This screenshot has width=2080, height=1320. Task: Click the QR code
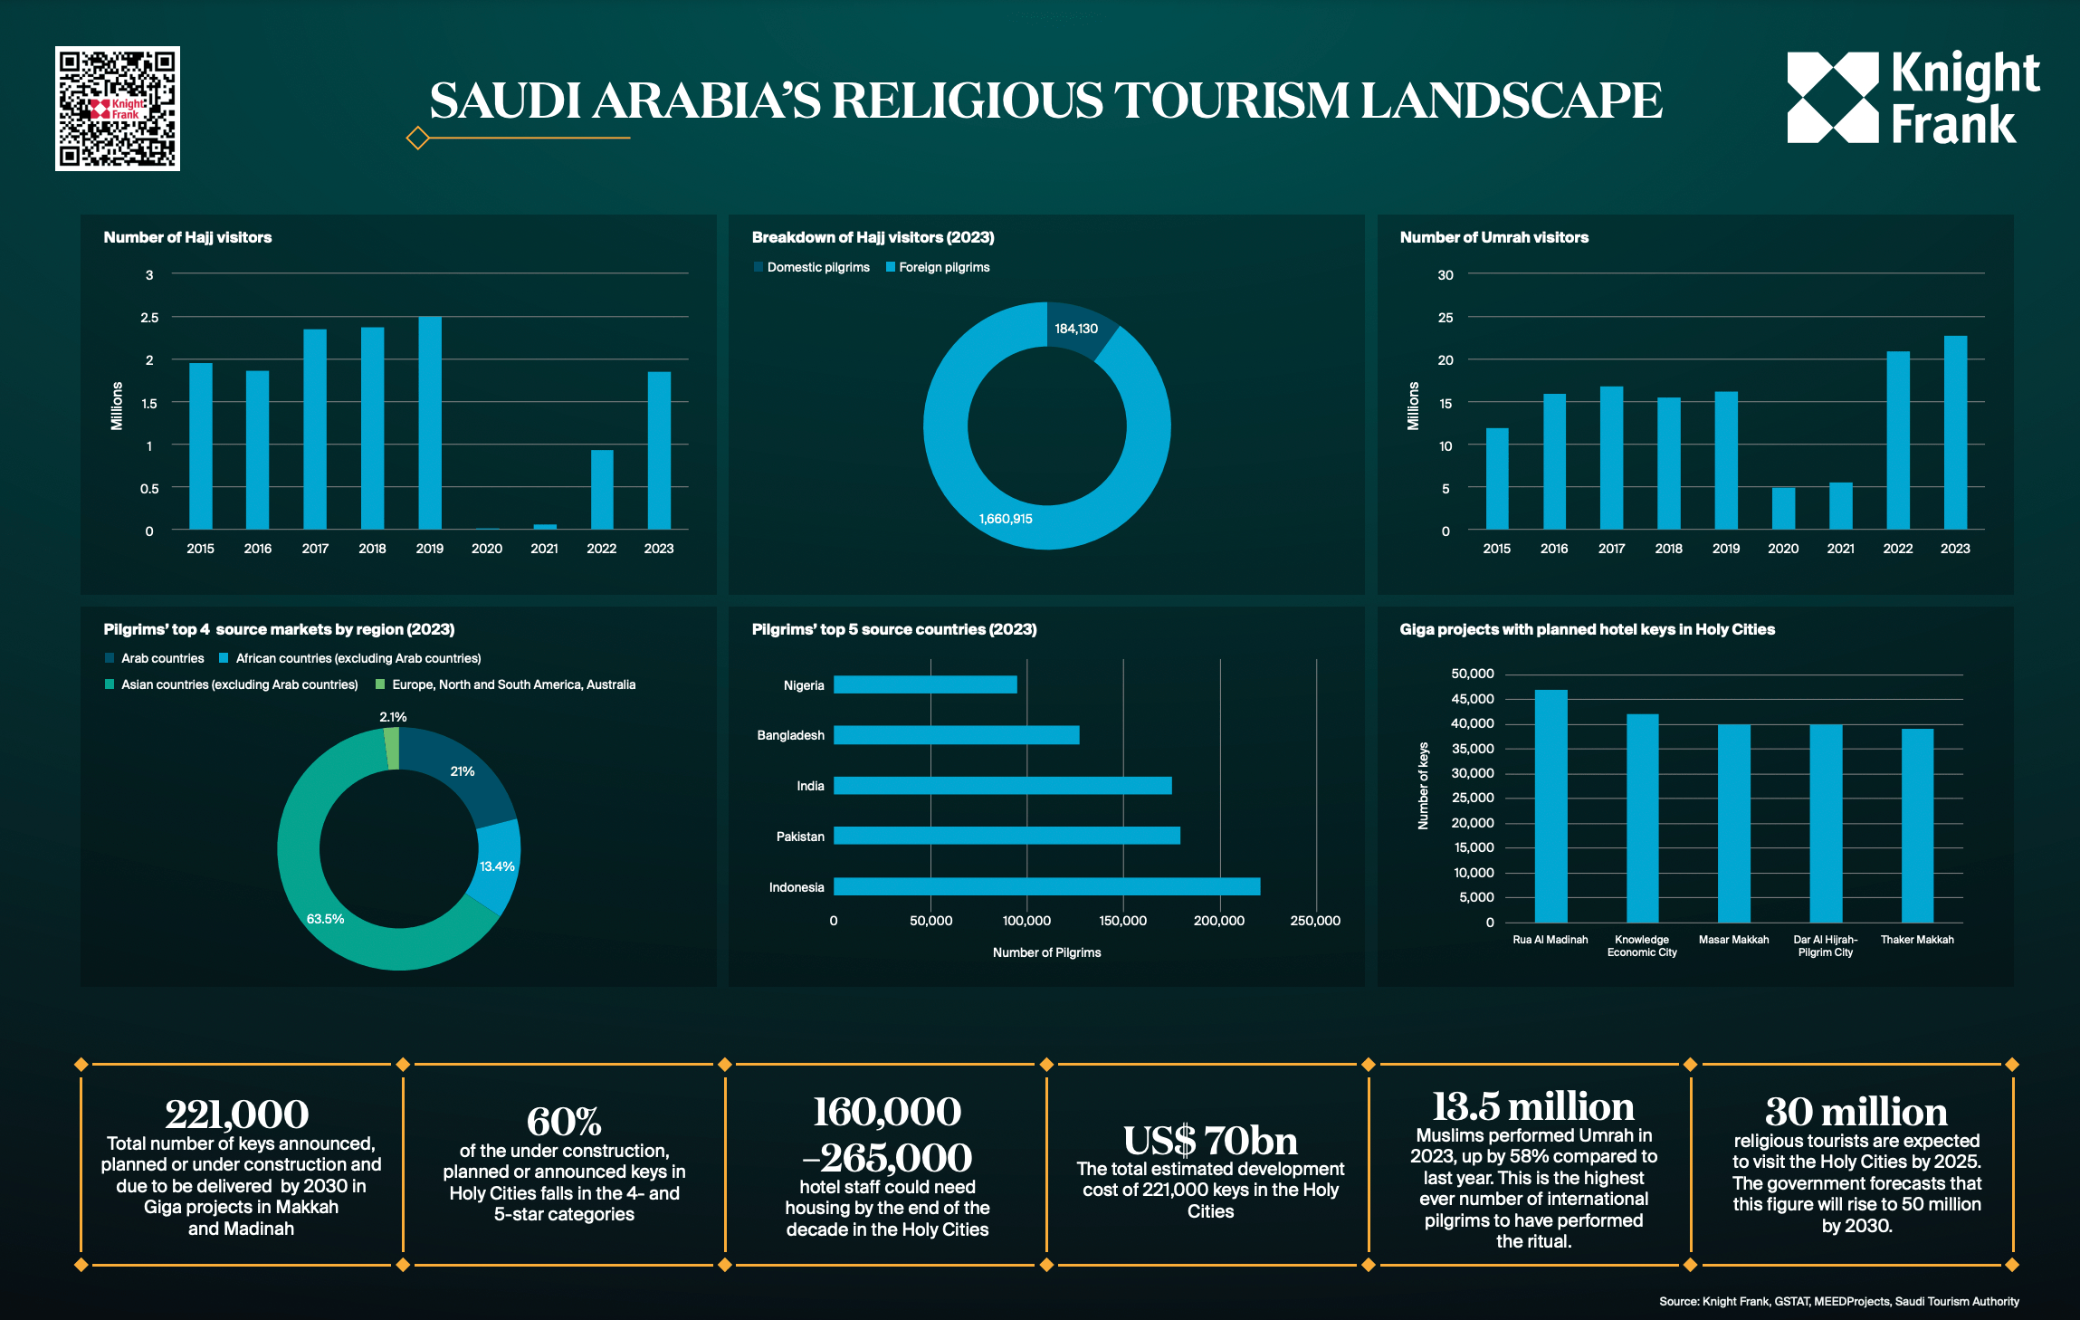tap(118, 109)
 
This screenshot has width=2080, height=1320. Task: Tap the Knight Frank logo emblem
tap(1833, 98)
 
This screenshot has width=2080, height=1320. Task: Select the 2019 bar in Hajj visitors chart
tap(430, 423)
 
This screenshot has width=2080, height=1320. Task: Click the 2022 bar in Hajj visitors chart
tap(602, 490)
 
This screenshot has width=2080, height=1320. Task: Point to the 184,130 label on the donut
tap(1076, 329)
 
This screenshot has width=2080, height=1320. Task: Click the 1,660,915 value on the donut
tap(1006, 519)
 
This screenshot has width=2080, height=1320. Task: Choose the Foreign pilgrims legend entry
tap(938, 267)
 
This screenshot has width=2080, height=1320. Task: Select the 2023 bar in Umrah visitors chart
tap(1955, 433)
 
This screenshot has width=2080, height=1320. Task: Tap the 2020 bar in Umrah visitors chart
tap(1783, 509)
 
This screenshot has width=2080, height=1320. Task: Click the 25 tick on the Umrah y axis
tap(1446, 318)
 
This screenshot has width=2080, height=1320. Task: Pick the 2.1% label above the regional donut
tap(393, 717)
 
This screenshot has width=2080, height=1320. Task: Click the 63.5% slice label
tap(325, 919)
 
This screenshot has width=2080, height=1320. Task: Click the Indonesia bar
tap(1046, 886)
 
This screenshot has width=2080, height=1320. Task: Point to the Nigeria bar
tap(925, 684)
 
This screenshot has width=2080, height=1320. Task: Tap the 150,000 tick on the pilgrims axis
tap(1122, 921)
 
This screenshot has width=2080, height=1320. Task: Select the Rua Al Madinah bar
tap(1550, 806)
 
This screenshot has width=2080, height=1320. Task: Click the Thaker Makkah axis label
tap(1917, 940)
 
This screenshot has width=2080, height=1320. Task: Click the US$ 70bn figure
tap(1210, 1141)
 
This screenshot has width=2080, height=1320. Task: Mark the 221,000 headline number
tap(237, 1114)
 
